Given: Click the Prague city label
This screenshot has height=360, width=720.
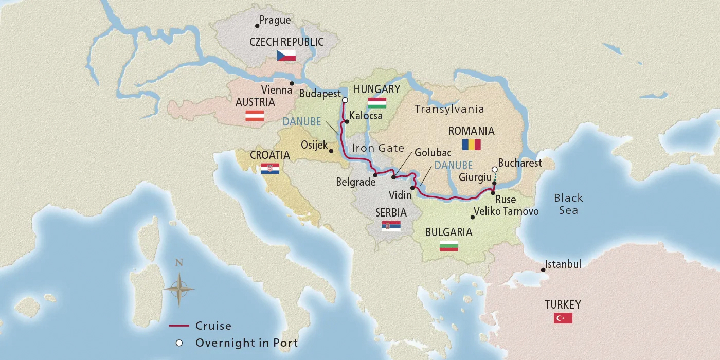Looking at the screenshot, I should point(275,21).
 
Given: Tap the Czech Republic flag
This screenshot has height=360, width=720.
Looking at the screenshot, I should point(286,56).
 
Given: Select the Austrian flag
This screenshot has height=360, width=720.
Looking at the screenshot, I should point(255,116).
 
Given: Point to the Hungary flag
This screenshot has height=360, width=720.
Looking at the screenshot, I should point(377,102).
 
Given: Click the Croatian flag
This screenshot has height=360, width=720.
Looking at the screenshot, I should point(270,168).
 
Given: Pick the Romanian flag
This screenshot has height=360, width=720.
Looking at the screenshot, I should point(471,144).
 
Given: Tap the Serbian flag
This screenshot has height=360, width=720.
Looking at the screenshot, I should point(391,225).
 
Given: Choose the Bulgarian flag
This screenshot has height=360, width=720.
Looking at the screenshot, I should point(449,246).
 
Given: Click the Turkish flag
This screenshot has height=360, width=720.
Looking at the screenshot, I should point(563,318).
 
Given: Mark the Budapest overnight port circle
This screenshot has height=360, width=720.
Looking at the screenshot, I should point(345,100).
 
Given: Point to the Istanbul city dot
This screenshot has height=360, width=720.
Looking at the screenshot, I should point(543,269).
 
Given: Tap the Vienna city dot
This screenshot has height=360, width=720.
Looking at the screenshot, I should point(292,83).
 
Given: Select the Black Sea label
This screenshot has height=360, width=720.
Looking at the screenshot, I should point(568,204).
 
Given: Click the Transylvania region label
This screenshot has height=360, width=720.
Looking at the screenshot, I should point(449,109).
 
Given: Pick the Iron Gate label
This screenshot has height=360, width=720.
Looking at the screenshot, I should point(377,148).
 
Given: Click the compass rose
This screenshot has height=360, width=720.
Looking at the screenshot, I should point(179,289).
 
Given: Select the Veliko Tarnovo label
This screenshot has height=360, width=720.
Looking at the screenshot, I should point(506,211).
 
